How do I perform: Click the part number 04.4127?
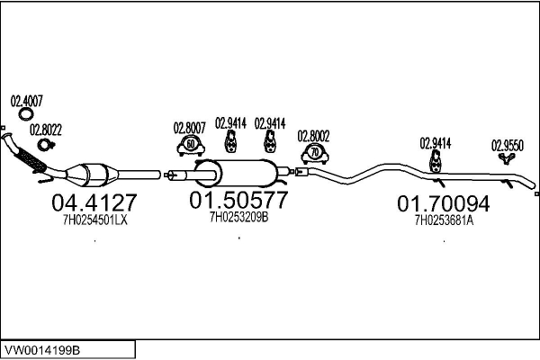coord(94,202)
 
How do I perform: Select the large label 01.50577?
coord(238,200)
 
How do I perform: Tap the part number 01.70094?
coord(443,203)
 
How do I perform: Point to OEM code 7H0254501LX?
coord(95,220)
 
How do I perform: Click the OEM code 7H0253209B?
coord(239,217)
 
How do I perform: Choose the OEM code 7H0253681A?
coord(444,220)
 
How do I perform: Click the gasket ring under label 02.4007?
coord(26,114)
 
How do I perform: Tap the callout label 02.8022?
coord(46,130)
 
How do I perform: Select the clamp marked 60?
coord(191,146)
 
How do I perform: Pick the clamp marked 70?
coord(315,154)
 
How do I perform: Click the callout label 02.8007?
coord(189,128)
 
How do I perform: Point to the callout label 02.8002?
coord(313,137)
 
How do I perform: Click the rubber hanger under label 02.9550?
coord(507,158)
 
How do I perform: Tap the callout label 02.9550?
coord(508,146)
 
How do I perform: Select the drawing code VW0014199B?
coord(42,350)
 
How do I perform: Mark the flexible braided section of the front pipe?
coord(31,159)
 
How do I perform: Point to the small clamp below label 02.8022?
coord(45,145)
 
